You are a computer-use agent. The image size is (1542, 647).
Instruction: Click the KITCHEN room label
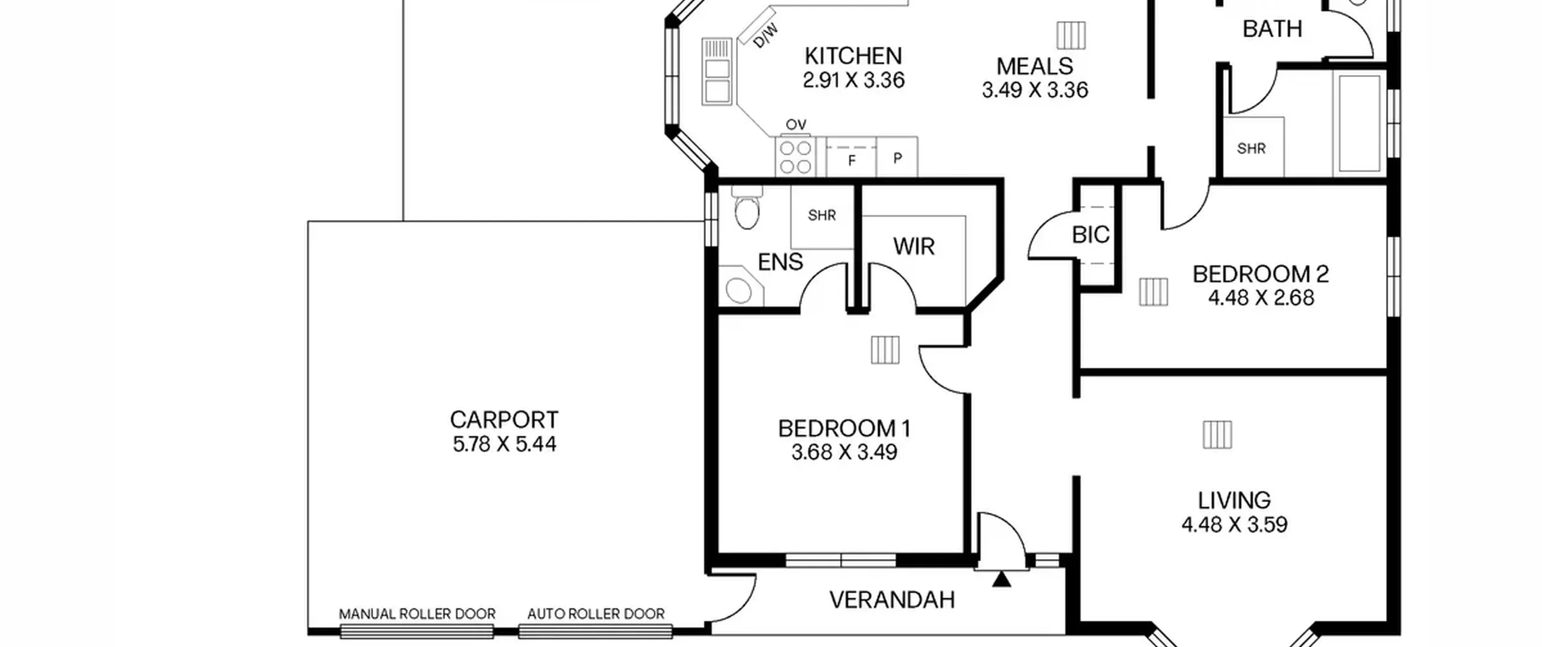click(853, 56)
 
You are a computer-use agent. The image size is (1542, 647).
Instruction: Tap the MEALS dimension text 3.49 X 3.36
click(1035, 90)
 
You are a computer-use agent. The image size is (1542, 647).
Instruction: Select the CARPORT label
click(504, 419)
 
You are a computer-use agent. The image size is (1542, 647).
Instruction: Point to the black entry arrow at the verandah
click(1002, 580)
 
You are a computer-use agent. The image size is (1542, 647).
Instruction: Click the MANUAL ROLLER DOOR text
click(417, 614)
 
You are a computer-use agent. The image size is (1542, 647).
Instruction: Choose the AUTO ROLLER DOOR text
click(596, 614)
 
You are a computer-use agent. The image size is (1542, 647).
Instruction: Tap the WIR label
click(914, 246)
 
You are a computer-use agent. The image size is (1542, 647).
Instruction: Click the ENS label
click(780, 262)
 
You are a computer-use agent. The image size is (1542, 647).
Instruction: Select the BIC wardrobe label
click(1090, 235)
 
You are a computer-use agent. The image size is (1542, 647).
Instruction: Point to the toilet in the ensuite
click(747, 208)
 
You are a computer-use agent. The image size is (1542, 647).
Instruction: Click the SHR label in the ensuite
click(822, 215)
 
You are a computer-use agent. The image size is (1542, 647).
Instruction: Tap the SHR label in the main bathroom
click(1251, 148)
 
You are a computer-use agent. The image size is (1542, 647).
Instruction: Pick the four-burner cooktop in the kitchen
click(795, 157)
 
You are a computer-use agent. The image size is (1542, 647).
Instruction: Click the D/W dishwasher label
click(766, 36)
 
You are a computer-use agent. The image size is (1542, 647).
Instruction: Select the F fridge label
click(852, 161)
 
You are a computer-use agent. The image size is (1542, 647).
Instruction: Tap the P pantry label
click(897, 158)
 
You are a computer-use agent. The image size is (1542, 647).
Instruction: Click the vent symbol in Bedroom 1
click(885, 350)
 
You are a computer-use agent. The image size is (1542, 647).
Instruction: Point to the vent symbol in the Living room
click(1217, 435)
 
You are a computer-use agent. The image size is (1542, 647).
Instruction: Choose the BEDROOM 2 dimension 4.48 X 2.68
click(1261, 298)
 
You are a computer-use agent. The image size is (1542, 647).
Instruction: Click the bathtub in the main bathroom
click(1359, 123)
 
